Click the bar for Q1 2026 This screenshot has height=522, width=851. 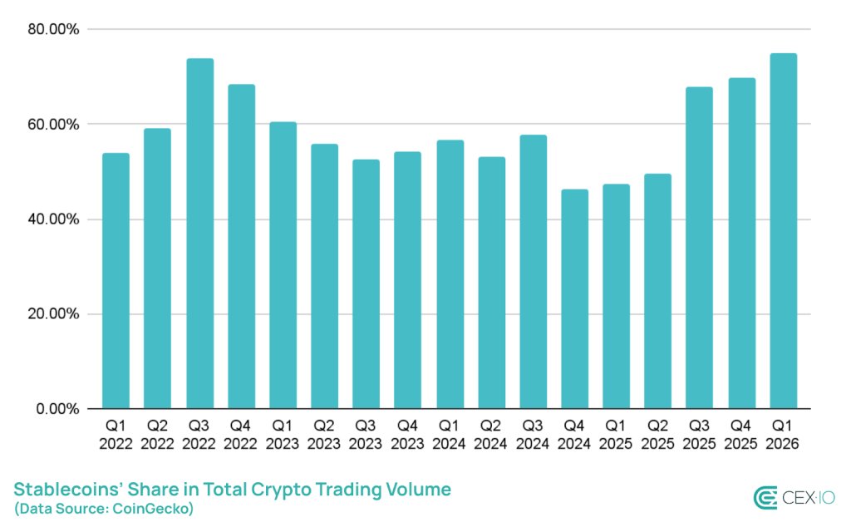[783, 231]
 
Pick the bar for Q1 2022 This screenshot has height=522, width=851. [116, 281]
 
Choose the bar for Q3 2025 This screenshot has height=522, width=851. [700, 248]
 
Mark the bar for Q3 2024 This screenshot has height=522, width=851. [533, 272]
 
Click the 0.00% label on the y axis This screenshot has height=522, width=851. [57, 409]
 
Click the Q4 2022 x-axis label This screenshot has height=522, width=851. [241, 435]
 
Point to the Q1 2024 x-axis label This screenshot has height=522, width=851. [450, 435]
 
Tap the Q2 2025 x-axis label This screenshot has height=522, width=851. [657, 435]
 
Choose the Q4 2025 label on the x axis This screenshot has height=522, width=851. [741, 435]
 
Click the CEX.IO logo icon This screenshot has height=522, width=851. [765, 497]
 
